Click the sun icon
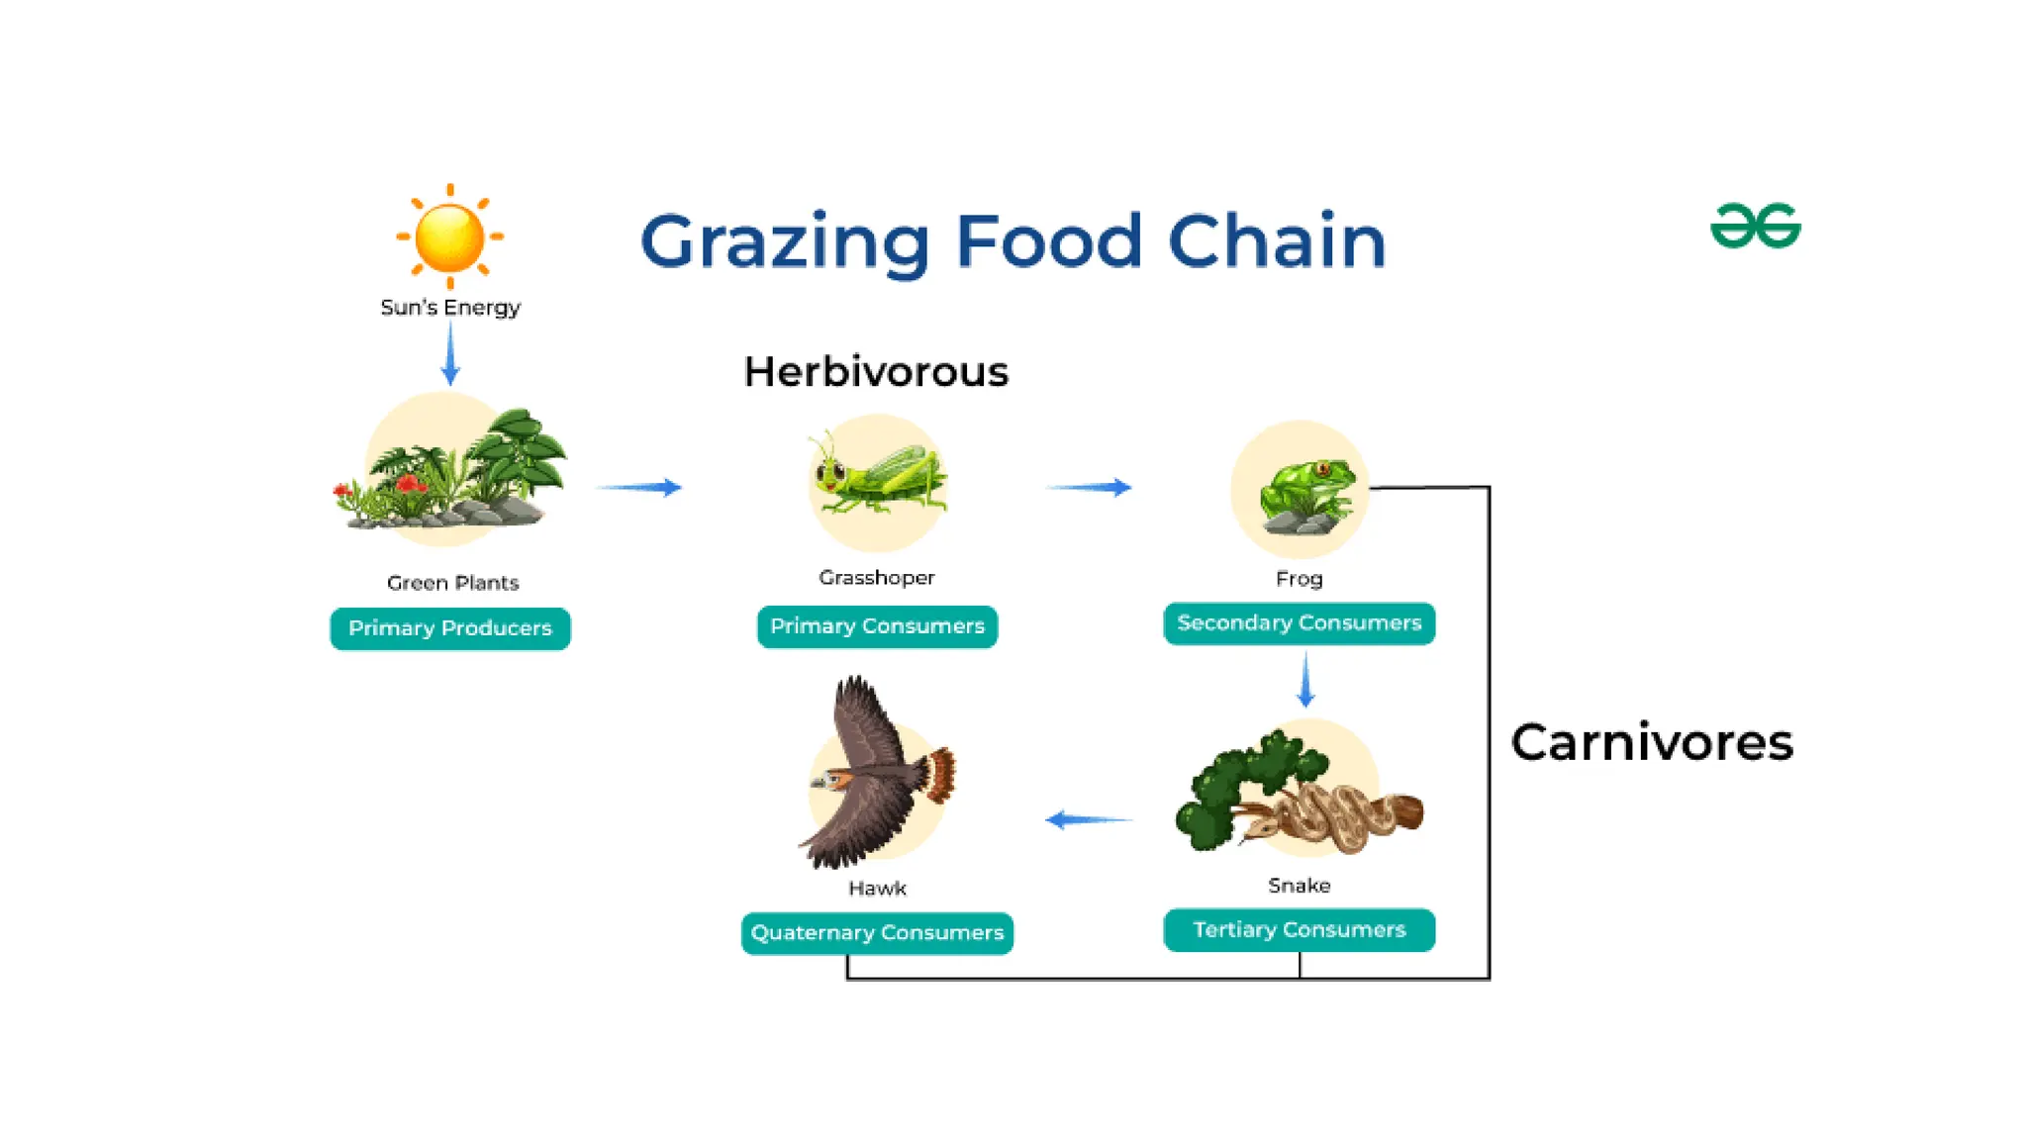[450, 237]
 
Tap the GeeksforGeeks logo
[1755, 226]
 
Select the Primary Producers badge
[450, 628]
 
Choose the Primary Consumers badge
[877, 626]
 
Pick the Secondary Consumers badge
[1299, 623]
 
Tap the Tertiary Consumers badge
[1299, 930]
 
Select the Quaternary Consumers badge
[877, 933]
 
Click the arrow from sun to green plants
[450, 353]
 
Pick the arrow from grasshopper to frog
[1089, 487]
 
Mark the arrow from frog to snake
[1305, 680]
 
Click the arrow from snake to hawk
[1089, 819]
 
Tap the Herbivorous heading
[876, 372]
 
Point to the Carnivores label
[1652, 742]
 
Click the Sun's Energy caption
[450, 308]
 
